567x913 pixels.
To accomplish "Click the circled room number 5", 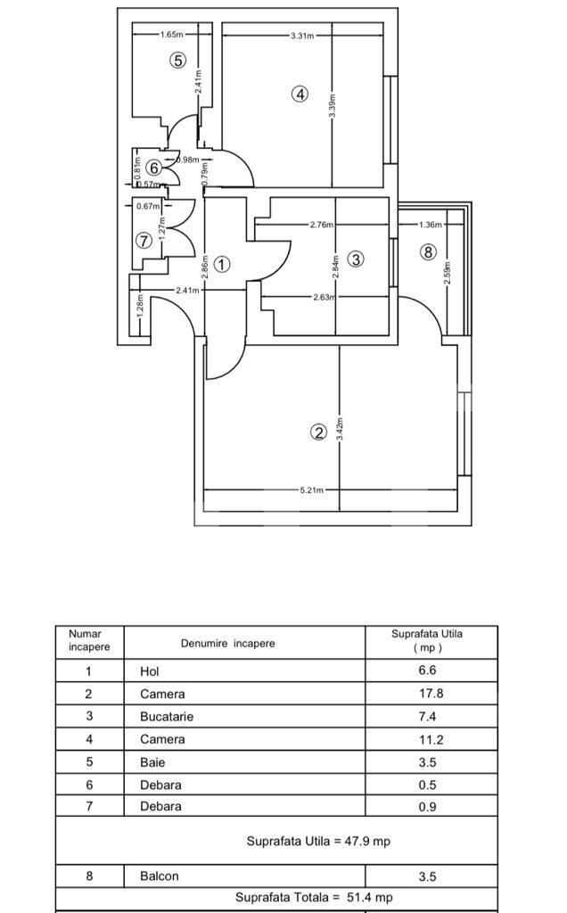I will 178,61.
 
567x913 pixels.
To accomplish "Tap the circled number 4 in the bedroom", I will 300,94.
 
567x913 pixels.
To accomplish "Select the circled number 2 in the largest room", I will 318,432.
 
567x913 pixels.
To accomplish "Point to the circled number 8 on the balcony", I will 429,252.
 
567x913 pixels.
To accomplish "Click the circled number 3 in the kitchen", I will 356,259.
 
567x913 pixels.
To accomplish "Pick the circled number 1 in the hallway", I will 222,264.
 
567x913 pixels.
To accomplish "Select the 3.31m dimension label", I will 302,36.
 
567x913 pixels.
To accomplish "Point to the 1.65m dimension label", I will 172,36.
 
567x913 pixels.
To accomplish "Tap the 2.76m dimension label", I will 322,225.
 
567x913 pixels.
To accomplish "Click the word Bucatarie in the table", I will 167,717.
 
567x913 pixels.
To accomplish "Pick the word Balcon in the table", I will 160,876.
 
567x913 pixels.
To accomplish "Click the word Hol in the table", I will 149,671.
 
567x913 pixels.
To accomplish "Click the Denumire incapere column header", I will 227,643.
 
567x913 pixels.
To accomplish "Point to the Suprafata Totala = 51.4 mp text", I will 314,898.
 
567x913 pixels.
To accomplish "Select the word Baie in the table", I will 152,762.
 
